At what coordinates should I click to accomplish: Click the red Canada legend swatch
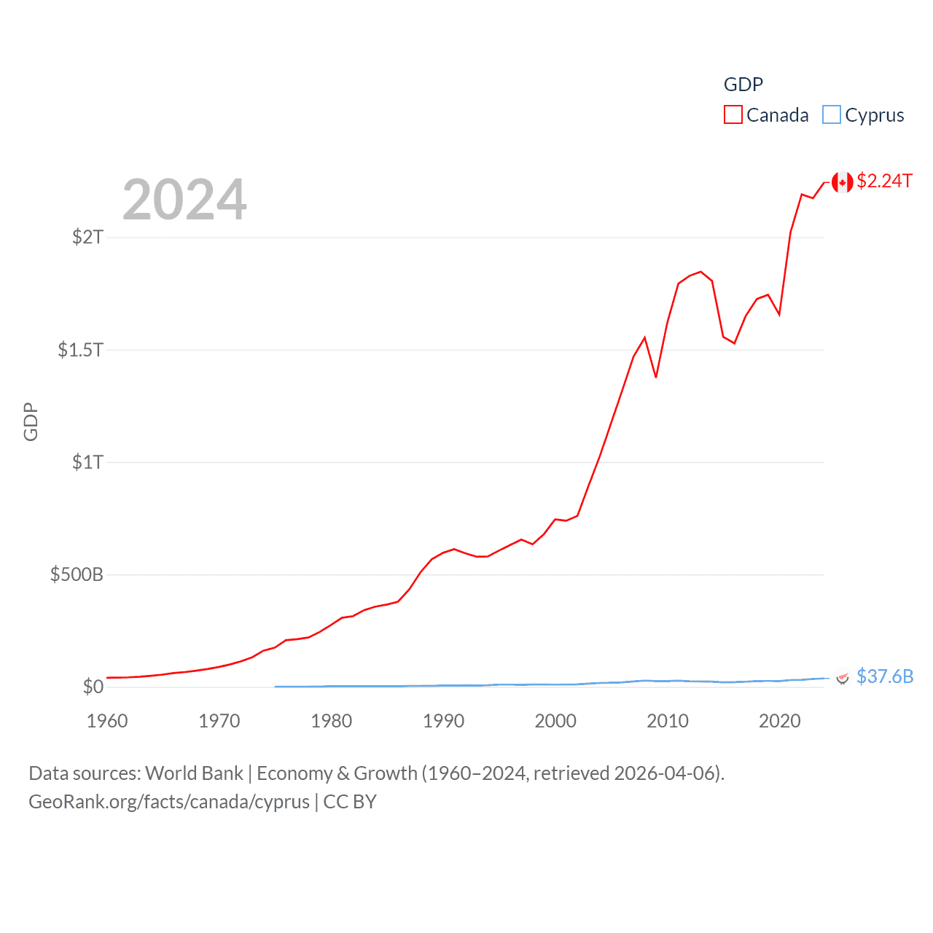[733, 115]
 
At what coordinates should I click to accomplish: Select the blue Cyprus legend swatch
[831, 115]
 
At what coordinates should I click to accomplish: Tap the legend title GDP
[743, 85]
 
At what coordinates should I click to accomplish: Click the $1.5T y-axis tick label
[80, 350]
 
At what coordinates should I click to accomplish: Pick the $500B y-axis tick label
[77, 574]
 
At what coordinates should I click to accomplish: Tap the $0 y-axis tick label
[93, 687]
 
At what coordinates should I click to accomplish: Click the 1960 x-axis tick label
[107, 721]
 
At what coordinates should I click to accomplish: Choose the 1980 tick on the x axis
[331, 721]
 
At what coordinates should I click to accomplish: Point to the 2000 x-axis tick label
[555, 721]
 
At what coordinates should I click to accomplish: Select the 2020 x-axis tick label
[779, 721]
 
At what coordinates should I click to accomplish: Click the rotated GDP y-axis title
[31, 421]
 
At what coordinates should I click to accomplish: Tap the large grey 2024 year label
[184, 200]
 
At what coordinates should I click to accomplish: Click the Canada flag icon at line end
[842, 182]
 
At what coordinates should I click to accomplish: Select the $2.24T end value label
[884, 181]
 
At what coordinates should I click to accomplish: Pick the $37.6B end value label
[885, 676]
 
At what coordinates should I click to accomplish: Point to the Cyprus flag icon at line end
[842, 678]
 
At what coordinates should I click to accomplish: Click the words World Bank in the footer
[194, 773]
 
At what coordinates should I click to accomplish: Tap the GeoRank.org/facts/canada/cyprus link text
[169, 802]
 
